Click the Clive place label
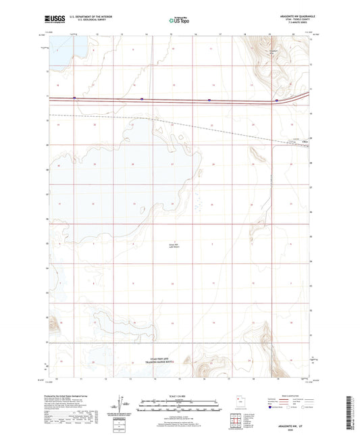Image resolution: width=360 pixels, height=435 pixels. pos(293,141)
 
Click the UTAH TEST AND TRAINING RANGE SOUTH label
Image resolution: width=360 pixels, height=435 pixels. pos(159,361)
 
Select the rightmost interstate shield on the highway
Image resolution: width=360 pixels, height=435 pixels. pos(276,99)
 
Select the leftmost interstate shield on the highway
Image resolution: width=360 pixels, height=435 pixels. pos(74,99)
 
